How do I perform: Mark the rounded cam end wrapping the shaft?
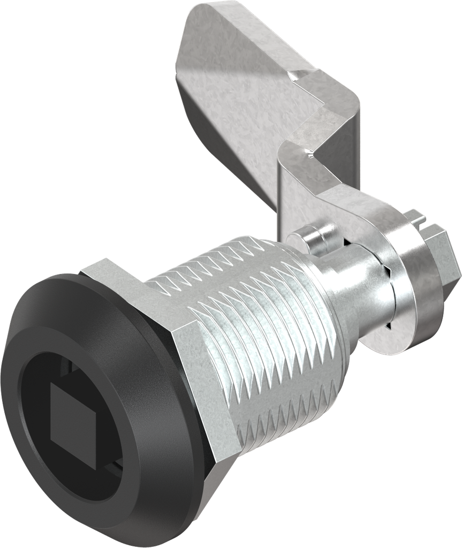tap(369, 214)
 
